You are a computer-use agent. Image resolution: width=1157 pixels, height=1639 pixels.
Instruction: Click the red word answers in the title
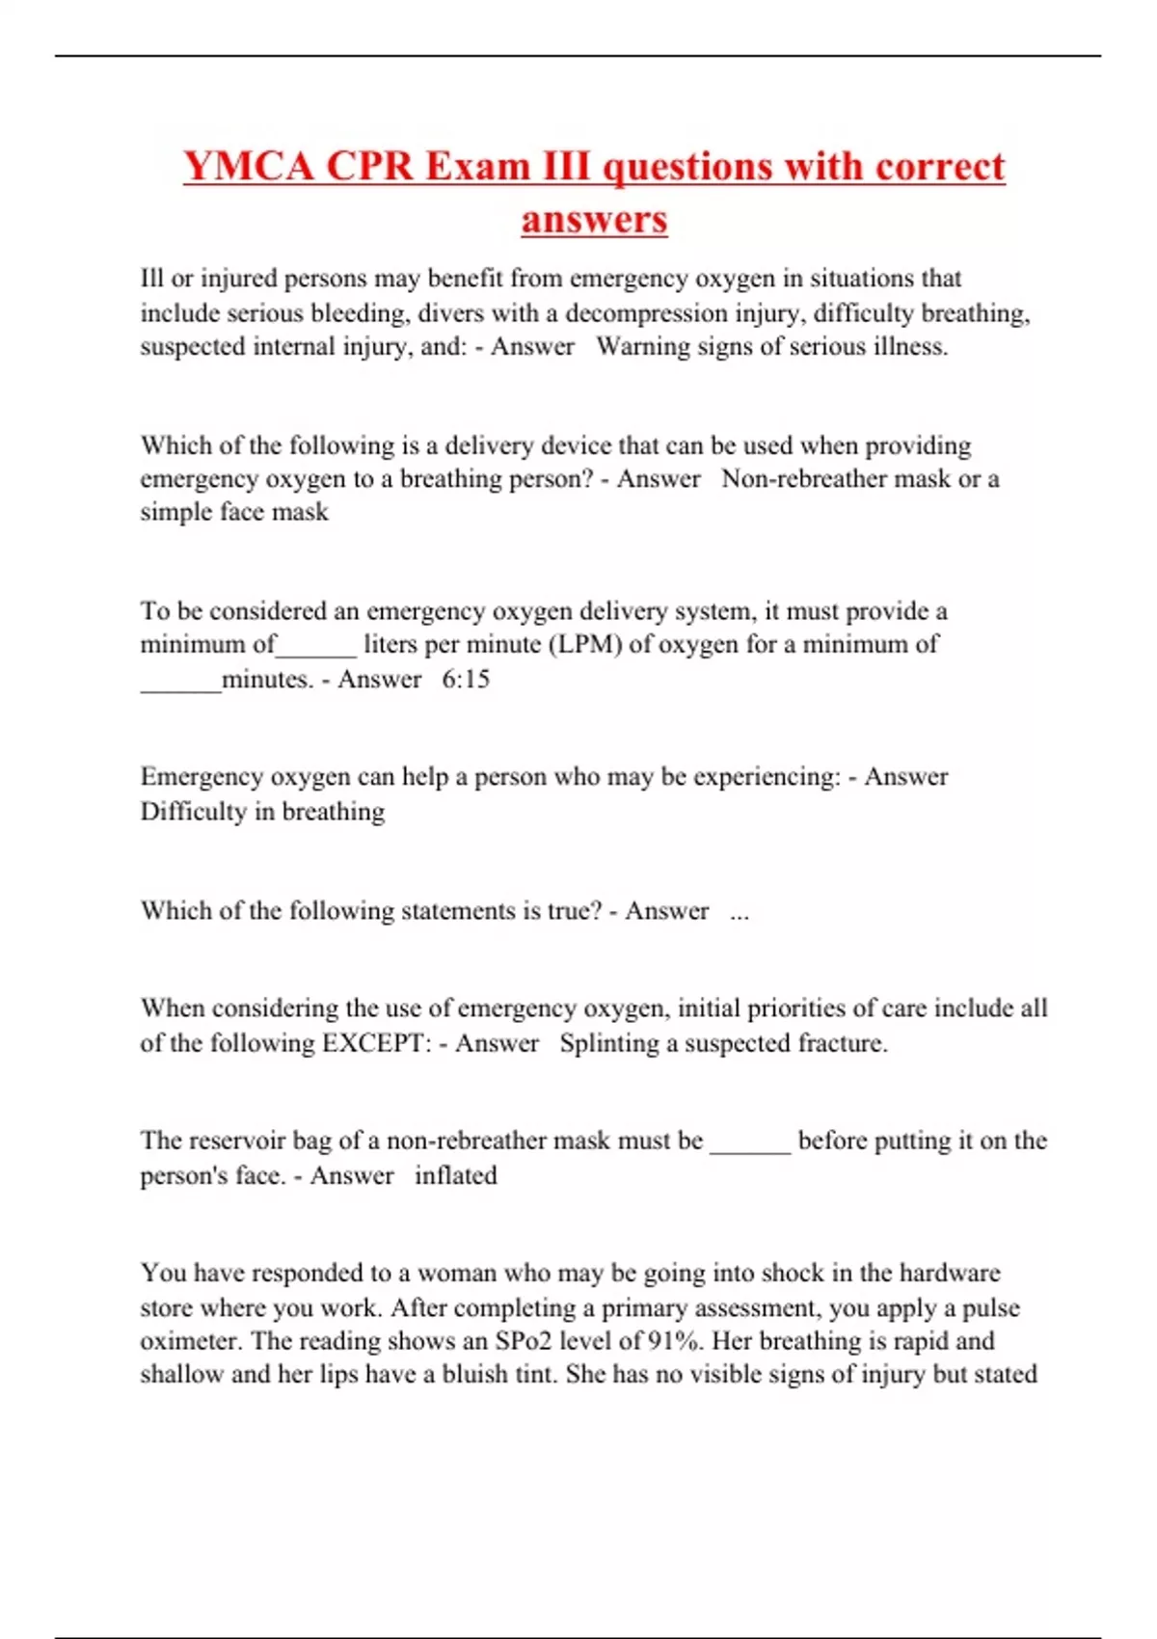(x=594, y=219)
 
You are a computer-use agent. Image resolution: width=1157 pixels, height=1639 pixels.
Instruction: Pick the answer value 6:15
(x=466, y=680)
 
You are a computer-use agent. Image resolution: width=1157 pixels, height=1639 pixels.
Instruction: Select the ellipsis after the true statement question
(x=740, y=912)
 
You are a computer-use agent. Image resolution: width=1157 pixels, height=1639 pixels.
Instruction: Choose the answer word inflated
(x=456, y=1176)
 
